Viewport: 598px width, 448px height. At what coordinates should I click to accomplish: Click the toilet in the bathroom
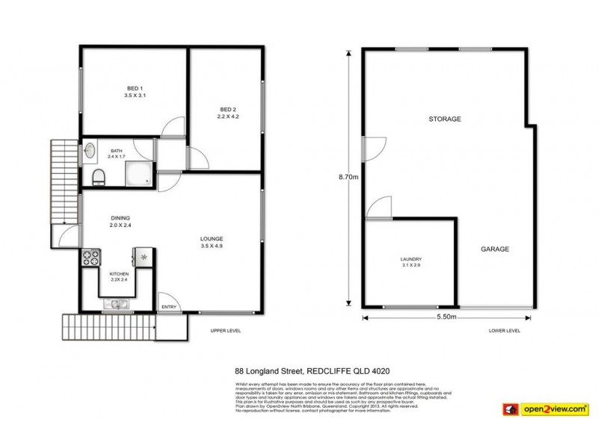[x=98, y=176]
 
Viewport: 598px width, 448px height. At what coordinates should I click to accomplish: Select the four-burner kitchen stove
[x=90, y=258]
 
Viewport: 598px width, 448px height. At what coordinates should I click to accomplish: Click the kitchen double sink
[x=116, y=303]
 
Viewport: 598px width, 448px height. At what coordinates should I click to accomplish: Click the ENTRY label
[x=169, y=307]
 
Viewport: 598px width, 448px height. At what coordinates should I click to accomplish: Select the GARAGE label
[x=494, y=249]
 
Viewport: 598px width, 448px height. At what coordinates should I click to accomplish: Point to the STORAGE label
[x=444, y=119]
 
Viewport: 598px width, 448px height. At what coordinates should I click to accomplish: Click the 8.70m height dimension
[x=348, y=178]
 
